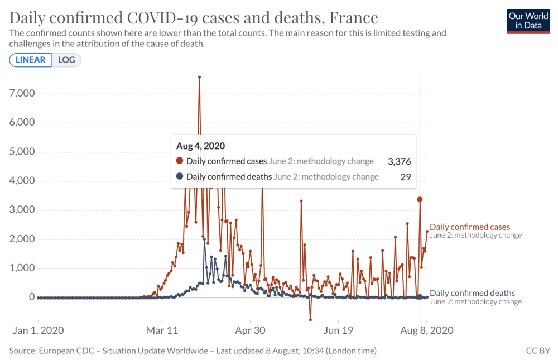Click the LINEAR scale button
click(31, 60)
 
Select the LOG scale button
click(66, 60)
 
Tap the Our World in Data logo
click(528, 21)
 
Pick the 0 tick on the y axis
click(31, 297)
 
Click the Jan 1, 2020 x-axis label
click(39, 330)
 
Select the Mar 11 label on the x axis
click(162, 330)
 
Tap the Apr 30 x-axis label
click(251, 330)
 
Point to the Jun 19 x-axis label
click(339, 330)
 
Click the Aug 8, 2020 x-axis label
click(427, 330)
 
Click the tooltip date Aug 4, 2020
click(200, 146)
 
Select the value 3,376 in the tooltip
click(399, 161)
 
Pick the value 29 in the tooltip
click(406, 176)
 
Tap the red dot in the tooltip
click(180, 161)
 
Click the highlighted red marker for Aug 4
click(420, 199)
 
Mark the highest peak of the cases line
click(199, 77)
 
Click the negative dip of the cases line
click(310, 320)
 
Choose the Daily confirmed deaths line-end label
click(472, 293)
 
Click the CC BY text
click(538, 351)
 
